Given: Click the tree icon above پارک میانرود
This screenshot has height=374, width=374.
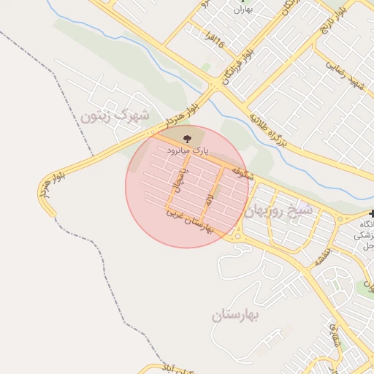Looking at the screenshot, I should point(187,138).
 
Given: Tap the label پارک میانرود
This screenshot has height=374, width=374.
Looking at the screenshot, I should point(188,150).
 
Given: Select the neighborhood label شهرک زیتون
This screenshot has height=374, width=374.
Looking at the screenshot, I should point(115,115).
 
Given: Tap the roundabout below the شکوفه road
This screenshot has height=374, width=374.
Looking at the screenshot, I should point(237,234).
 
